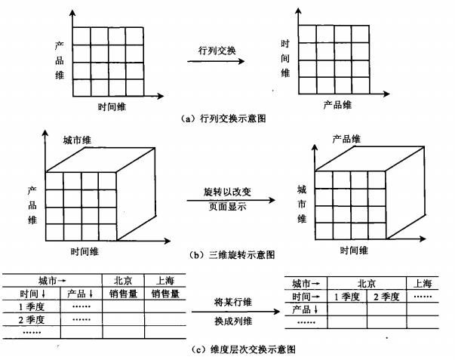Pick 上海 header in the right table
(423, 284)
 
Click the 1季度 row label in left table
(32, 307)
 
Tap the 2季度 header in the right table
(386, 297)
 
